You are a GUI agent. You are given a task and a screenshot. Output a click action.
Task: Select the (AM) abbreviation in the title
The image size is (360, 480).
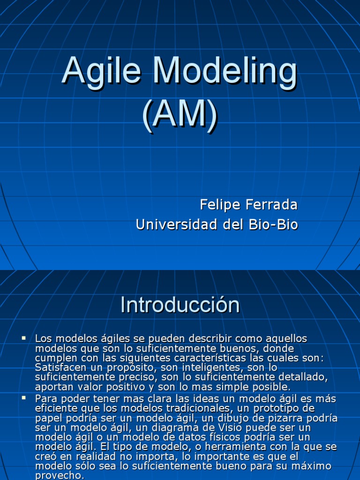(180, 113)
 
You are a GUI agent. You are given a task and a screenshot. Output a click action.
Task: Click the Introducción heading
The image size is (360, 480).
(180, 305)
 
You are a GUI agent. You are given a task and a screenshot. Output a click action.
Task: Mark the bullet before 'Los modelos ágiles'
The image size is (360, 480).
(24, 337)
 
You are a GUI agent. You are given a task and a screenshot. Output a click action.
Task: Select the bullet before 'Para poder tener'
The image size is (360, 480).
(24, 397)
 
